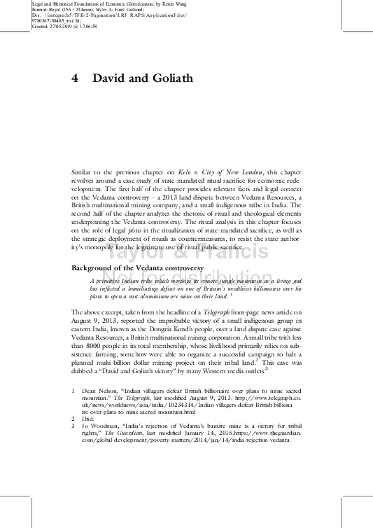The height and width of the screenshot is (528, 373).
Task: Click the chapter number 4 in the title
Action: tap(75, 78)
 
